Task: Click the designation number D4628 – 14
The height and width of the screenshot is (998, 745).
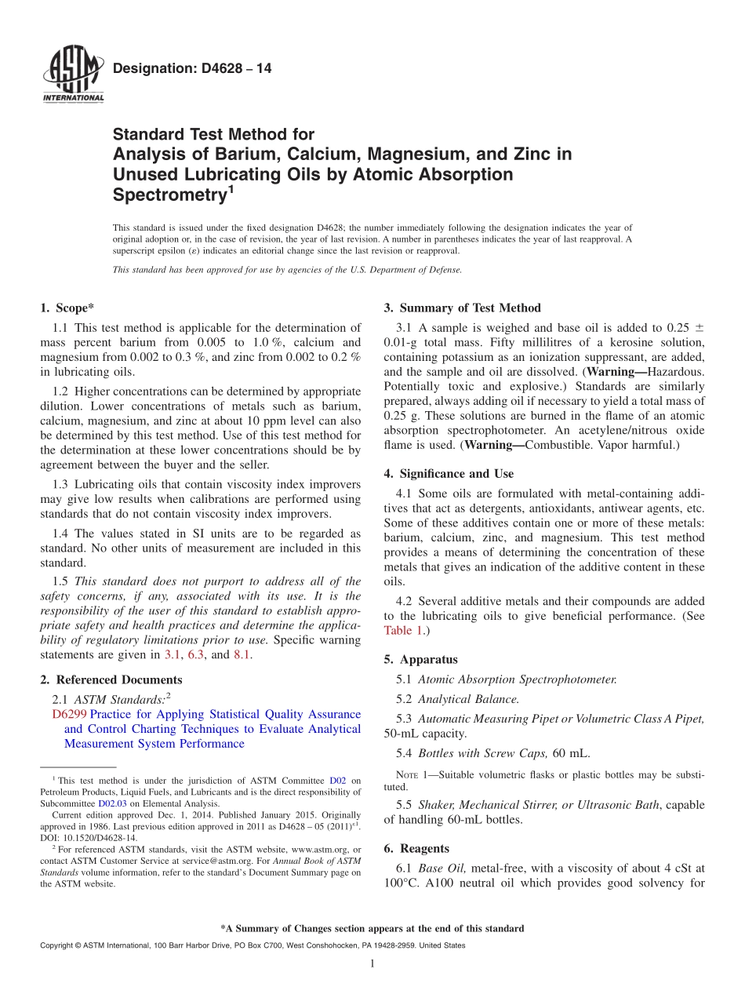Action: pyautogui.click(x=192, y=69)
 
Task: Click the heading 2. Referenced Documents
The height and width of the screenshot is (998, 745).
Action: pyautogui.click(x=111, y=679)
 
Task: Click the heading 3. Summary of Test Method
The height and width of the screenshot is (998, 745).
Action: pyautogui.click(x=462, y=308)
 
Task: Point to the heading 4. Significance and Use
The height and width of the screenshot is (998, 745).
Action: pyautogui.click(x=449, y=473)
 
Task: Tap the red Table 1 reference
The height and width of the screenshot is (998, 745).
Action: pyautogui.click(x=402, y=630)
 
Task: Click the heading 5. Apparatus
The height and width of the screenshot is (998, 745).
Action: pyautogui.click(x=420, y=659)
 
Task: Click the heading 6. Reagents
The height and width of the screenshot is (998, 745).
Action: pyautogui.click(x=416, y=848)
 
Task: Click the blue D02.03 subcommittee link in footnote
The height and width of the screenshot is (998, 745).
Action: pyautogui.click(x=107, y=803)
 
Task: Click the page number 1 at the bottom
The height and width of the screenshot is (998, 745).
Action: pyautogui.click(x=372, y=963)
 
